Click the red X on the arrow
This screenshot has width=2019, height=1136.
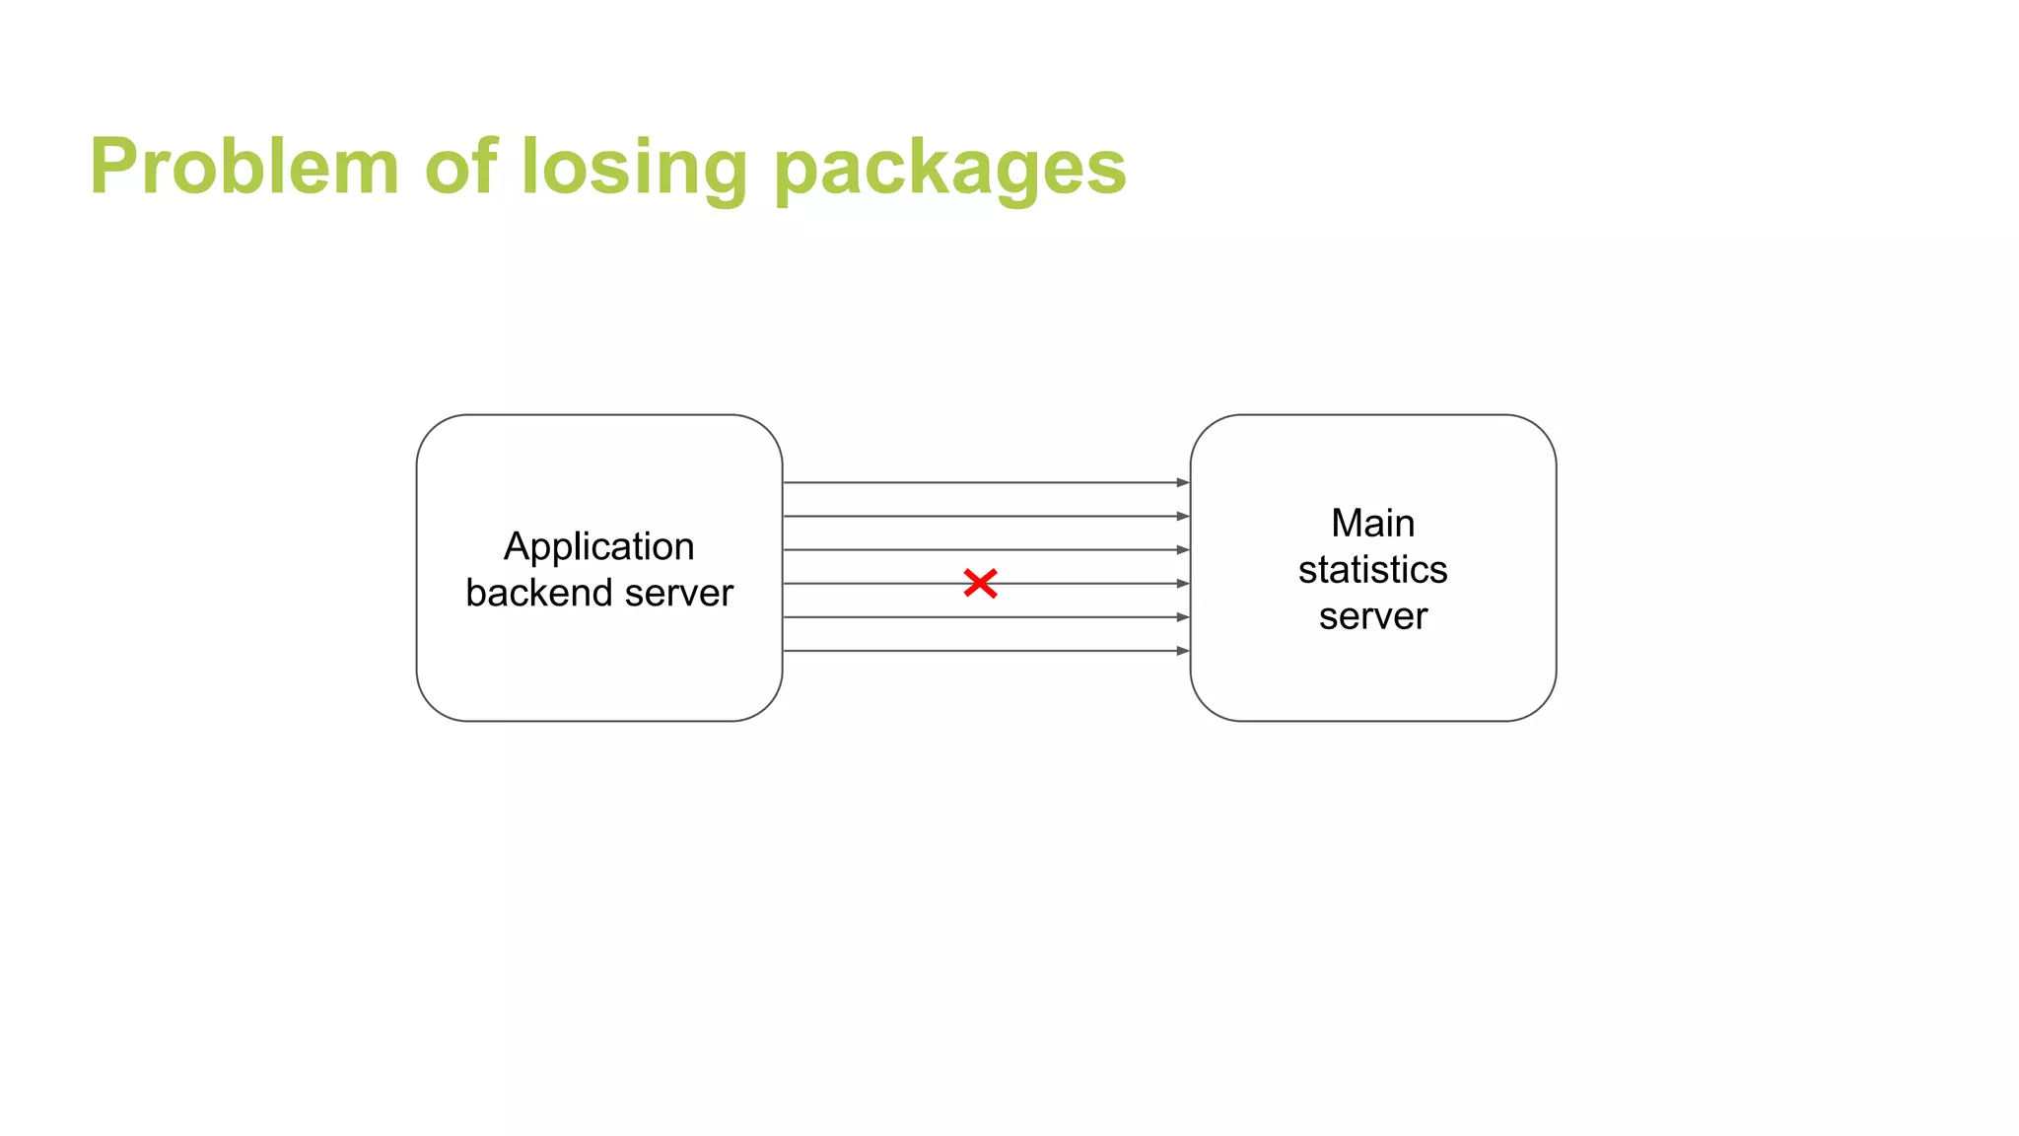click(980, 583)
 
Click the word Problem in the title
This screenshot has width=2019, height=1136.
click(244, 167)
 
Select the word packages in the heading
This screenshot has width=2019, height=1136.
click(949, 167)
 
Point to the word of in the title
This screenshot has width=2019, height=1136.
click(460, 167)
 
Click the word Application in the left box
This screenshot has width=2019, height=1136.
click(598, 546)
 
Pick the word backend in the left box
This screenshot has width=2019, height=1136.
click(538, 593)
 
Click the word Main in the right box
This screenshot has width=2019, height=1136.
click(1372, 523)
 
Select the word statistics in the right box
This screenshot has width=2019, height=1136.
click(1372, 569)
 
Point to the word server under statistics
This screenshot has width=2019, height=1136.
click(1372, 616)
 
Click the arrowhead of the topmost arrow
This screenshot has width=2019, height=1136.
click(1183, 482)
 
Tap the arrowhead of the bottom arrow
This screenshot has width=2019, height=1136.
click(1183, 651)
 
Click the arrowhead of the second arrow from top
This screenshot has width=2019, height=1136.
click(1183, 516)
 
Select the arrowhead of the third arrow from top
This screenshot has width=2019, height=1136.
click(1183, 549)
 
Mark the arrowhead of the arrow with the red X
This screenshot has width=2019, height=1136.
click(1183, 583)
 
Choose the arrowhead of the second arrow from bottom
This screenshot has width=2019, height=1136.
click(1183, 617)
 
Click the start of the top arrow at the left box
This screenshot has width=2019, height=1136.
click(787, 482)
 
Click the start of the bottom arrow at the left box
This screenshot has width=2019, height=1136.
click(787, 651)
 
